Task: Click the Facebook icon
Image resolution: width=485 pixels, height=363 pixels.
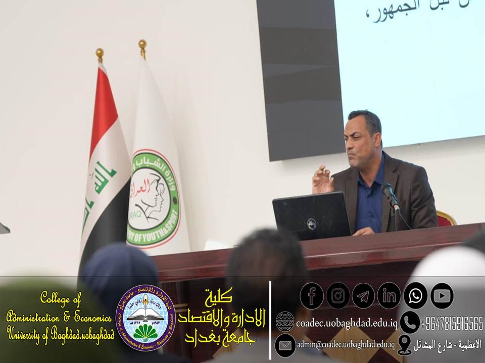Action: click(x=312, y=296)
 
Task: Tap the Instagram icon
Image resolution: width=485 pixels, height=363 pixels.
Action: click(x=337, y=296)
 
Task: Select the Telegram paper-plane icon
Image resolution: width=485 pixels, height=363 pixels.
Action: click(x=363, y=296)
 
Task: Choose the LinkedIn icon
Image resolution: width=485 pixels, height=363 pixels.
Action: click(x=389, y=296)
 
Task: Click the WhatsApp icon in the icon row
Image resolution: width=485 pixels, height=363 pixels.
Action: click(x=415, y=296)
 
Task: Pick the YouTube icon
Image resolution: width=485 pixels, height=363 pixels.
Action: click(x=442, y=296)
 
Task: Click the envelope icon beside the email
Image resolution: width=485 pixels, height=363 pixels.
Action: click(x=285, y=345)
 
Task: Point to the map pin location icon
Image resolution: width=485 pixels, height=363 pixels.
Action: click(x=404, y=345)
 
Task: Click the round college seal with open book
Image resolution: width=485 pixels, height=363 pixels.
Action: click(x=145, y=318)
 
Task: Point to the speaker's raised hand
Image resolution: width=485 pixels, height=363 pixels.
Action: click(x=322, y=179)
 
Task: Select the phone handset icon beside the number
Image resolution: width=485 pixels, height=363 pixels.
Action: click(x=409, y=322)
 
